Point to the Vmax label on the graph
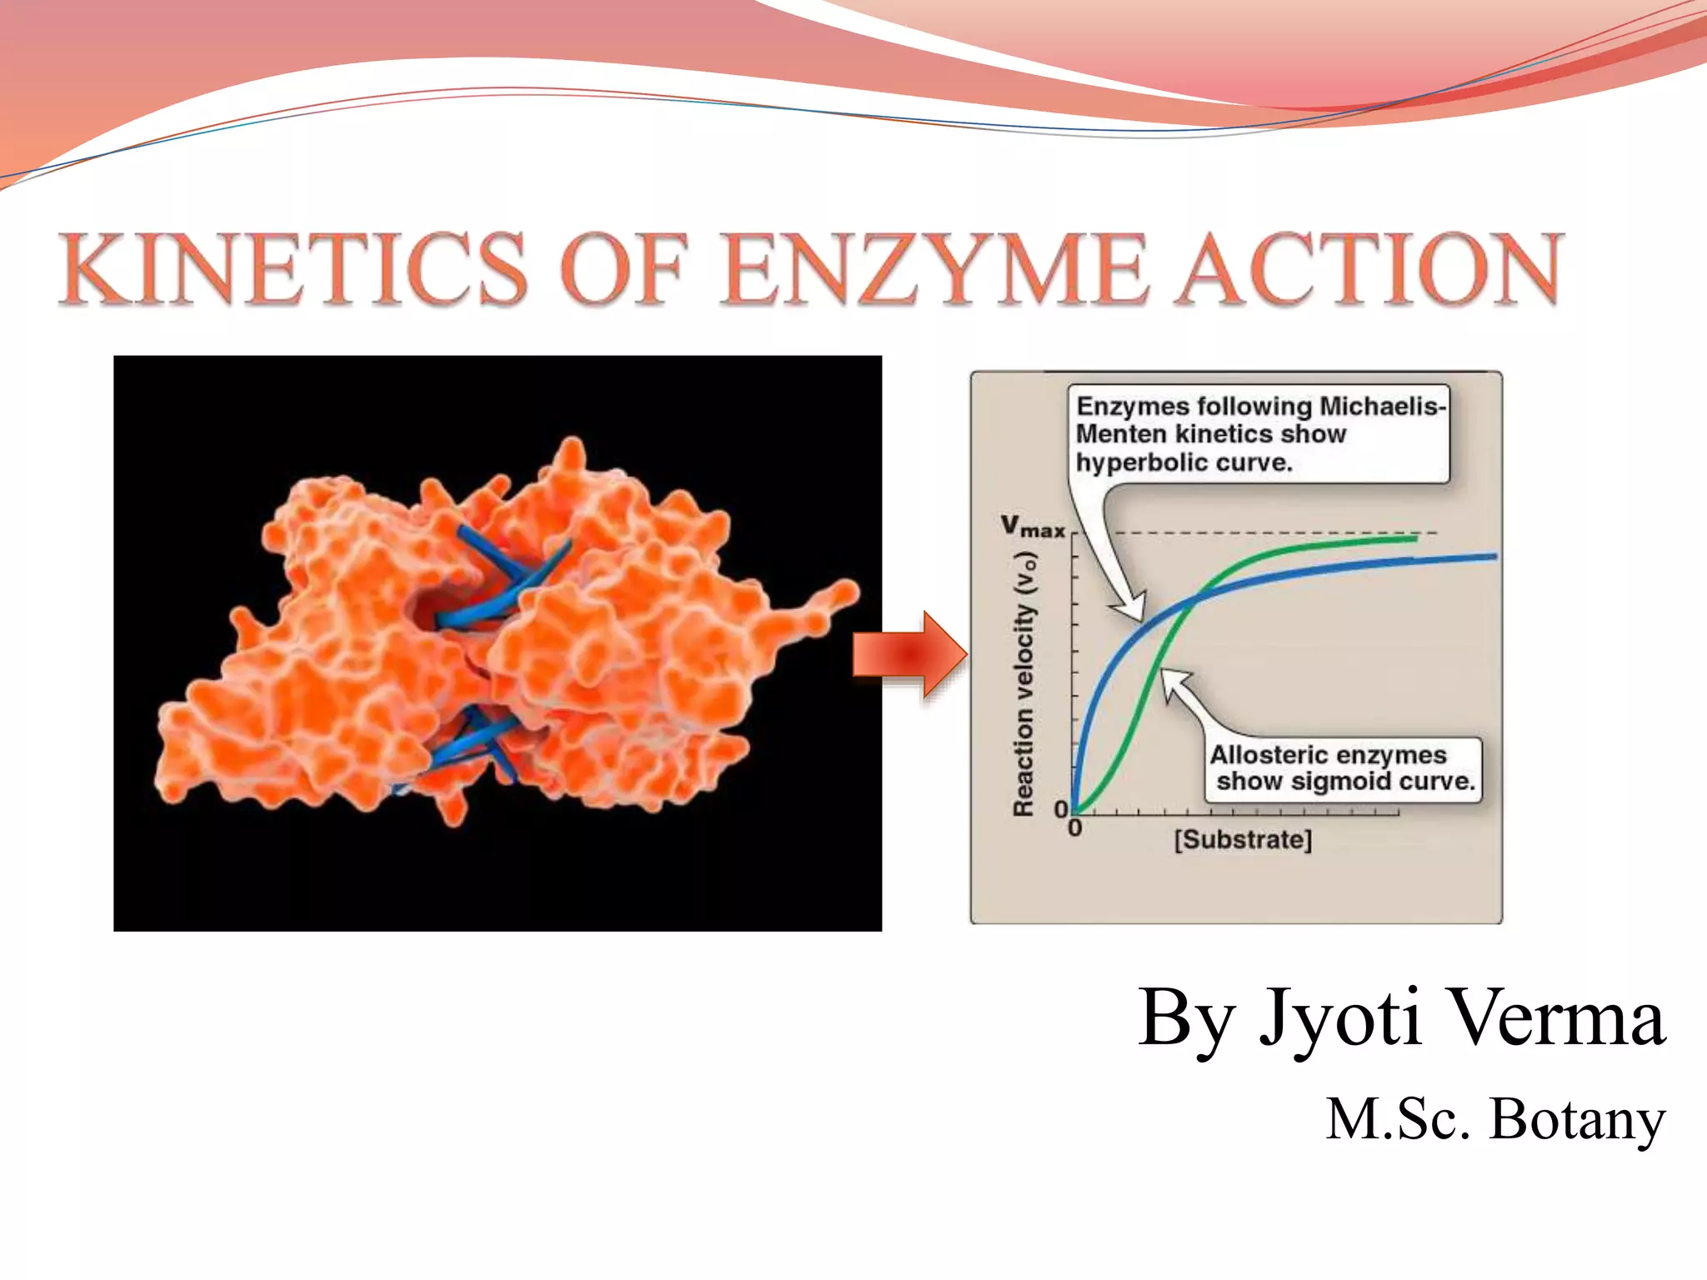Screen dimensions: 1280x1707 [x=1033, y=526]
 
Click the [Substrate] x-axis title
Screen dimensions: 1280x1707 [x=1243, y=839]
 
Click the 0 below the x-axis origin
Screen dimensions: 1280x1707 [x=1074, y=828]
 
